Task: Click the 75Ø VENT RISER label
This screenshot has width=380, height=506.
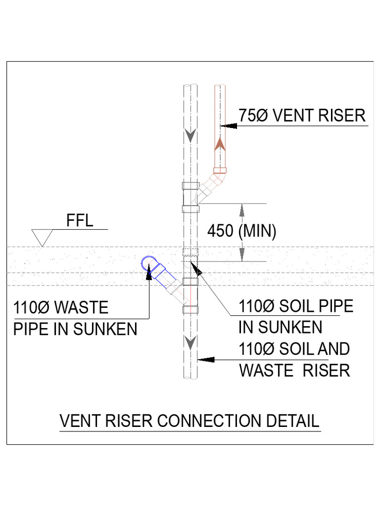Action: coord(302,116)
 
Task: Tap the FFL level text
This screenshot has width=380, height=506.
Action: coord(80,221)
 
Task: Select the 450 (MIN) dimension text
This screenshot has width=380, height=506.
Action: coord(241,231)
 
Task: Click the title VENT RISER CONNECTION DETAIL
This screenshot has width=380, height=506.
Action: coord(190,421)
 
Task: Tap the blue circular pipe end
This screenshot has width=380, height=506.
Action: coord(147,262)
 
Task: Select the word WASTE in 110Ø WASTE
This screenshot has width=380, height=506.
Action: coord(82,308)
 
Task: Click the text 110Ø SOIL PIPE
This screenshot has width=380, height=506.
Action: coord(296,306)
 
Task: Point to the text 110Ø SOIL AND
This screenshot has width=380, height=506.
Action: coord(294,349)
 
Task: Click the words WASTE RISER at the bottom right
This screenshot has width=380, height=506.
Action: coord(295,370)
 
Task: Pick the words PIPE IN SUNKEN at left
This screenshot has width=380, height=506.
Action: coord(75,329)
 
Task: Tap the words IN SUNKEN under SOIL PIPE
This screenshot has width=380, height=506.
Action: coord(280,327)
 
